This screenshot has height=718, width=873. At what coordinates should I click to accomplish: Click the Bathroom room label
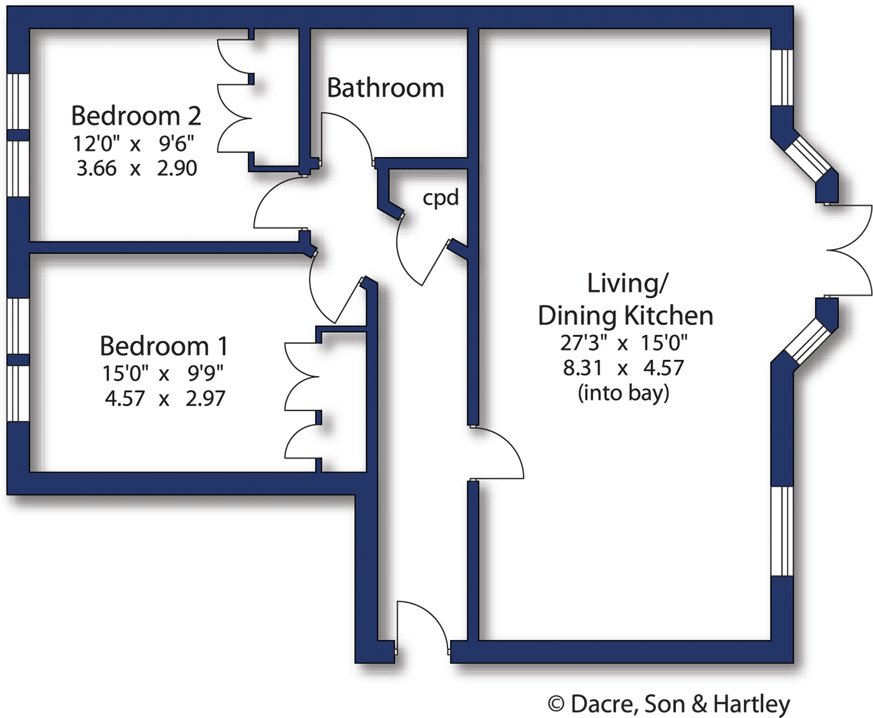[385, 88]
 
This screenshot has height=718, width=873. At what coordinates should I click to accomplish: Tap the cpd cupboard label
[441, 197]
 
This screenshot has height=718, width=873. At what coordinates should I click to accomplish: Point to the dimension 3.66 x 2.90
[136, 168]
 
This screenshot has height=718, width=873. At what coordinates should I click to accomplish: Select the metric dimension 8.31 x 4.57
[623, 367]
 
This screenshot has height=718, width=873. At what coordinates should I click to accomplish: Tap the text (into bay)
[623, 392]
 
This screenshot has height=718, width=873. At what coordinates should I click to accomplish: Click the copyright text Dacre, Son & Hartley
[669, 704]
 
